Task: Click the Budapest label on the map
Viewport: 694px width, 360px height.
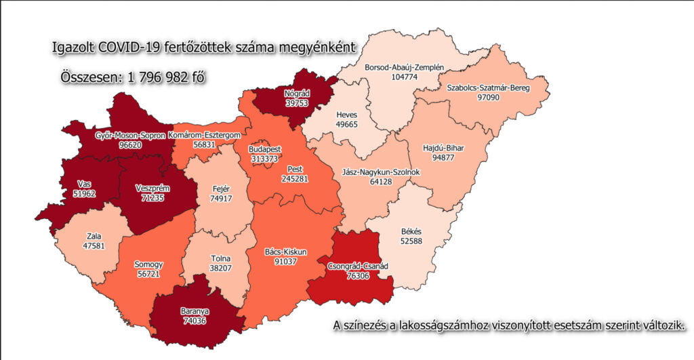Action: (x=264, y=148)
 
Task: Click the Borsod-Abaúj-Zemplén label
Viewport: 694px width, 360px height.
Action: (x=404, y=68)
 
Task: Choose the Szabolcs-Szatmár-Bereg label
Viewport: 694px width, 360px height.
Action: (x=487, y=88)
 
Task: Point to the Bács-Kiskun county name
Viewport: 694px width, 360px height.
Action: (x=286, y=252)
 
